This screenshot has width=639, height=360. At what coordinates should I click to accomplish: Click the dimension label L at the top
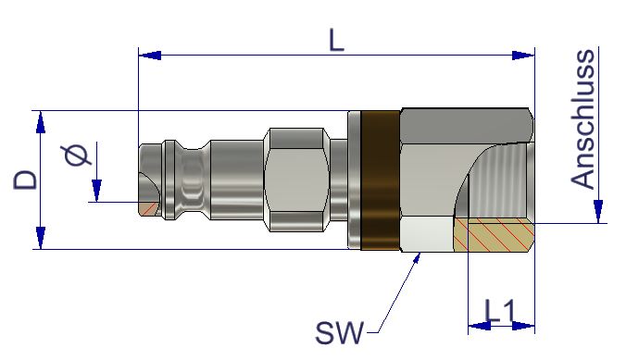[336, 41]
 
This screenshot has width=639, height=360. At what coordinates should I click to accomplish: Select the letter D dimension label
[25, 180]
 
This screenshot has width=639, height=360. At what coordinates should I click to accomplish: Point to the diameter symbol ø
[77, 155]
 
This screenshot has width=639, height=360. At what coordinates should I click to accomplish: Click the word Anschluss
[583, 118]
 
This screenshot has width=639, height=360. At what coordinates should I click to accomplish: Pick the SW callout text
[340, 333]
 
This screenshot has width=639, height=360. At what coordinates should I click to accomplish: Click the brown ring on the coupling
[381, 180]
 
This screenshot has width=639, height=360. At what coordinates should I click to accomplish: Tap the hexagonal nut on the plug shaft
[296, 180]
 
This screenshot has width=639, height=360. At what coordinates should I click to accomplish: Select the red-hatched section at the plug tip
[148, 208]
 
